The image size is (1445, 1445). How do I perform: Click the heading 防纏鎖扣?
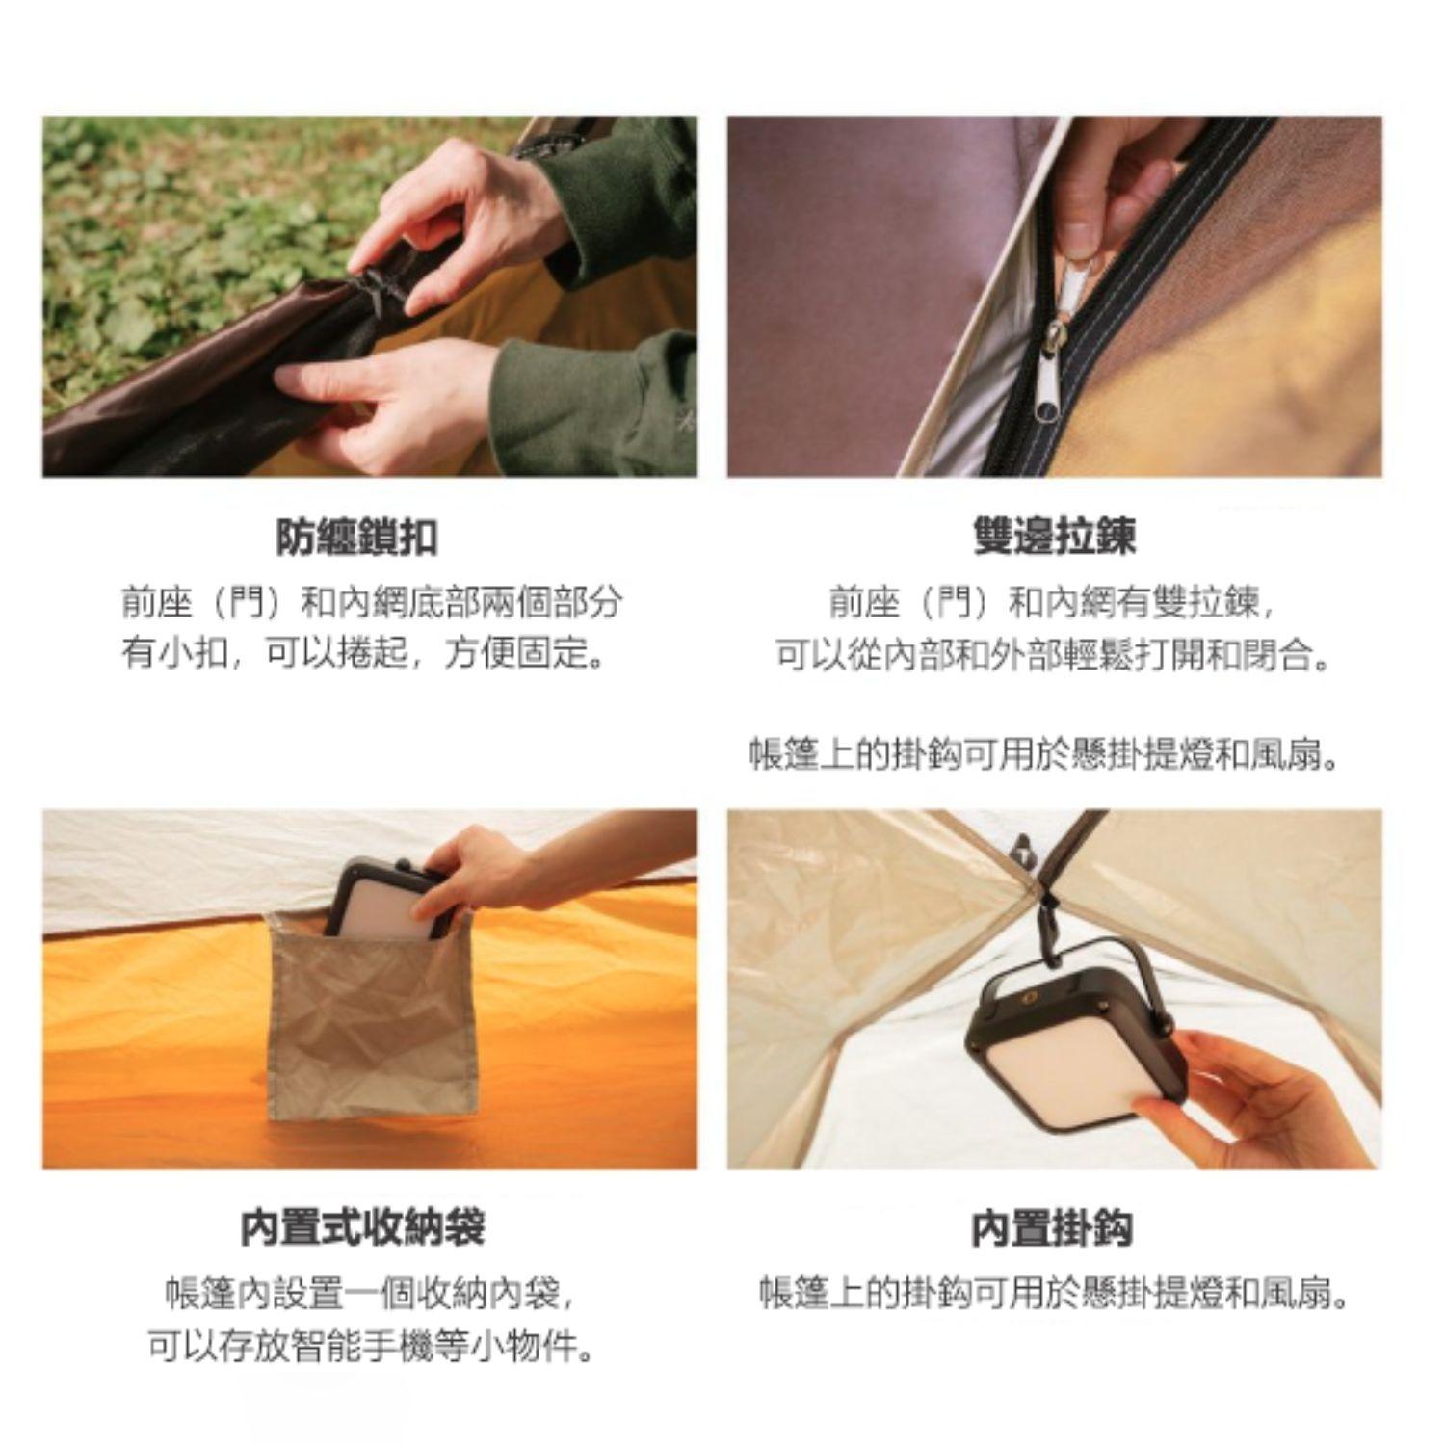[x=356, y=537]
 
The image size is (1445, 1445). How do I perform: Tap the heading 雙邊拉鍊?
[x=1054, y=537]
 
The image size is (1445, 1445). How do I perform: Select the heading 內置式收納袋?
[x=363, y=1228]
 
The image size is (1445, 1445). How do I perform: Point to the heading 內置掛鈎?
[x=1052, y=1229]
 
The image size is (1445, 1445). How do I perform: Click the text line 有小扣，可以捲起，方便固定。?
[x=366, y=655]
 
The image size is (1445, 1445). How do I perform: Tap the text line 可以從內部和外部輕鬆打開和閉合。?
[x=1054, y=656]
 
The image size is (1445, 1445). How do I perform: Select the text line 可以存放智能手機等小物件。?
[x=370, y=1347]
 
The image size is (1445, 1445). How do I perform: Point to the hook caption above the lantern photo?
[x=1045, y=754]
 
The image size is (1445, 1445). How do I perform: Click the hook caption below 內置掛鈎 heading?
[x=1054, y=1294]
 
